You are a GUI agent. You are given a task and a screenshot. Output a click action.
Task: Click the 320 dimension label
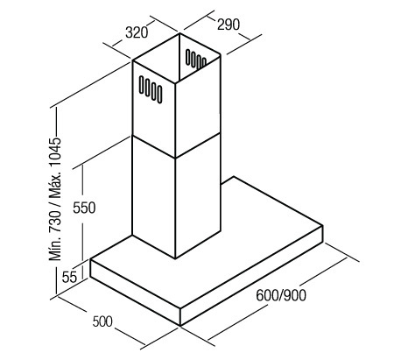[137, 32]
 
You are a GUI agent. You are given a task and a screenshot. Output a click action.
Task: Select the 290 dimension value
[229, 25]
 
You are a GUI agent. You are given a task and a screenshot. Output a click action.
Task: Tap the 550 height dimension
[84, 208]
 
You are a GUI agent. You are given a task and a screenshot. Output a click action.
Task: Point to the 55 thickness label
[69, 277]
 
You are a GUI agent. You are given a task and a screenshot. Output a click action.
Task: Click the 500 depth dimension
[102, 321]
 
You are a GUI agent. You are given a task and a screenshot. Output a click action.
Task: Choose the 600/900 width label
[281, 295]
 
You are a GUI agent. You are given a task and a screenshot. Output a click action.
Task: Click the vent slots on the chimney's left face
[151, 89]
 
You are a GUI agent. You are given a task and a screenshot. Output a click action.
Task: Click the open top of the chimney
[177, 59]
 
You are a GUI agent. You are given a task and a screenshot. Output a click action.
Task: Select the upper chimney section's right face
[198, 107]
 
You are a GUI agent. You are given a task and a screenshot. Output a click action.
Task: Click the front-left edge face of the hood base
[135, 293]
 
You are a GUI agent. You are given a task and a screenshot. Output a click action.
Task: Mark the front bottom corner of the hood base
[180, 326]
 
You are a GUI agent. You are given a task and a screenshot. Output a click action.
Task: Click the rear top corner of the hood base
[234, 176]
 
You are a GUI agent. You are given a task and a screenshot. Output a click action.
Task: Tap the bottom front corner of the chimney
[175, 258]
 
